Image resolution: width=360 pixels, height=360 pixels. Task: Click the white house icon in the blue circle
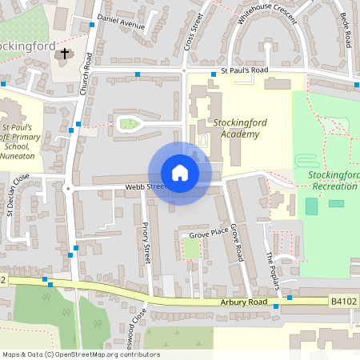[x=179, y=173]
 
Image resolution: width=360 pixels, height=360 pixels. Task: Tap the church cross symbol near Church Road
[x=65, y=54]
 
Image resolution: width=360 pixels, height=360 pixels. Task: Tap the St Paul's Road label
[x=244, y=70]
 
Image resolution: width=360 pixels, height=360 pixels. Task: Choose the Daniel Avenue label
[x=121, y=22]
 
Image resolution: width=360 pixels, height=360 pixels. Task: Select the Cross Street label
[x=194, y=36]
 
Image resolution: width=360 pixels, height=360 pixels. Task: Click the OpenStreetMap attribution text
[x=80, y=354]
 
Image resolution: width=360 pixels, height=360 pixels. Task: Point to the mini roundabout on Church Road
[x=68, y=189]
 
